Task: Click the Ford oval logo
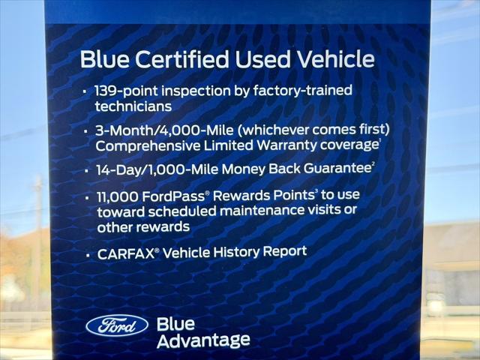click(117, 325)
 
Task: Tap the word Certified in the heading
click(179, 59)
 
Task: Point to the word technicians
click(133, 107)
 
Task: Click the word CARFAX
click(125, 254)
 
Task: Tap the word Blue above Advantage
click(175, 324)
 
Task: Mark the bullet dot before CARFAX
click(88, 256)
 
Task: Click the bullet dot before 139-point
click(85, 91)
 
